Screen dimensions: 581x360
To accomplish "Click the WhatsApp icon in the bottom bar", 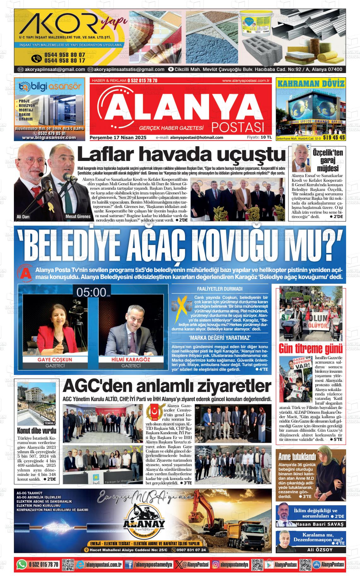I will (x=21, y=564).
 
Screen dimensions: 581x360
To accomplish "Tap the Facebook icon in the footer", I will (x=129, y=564).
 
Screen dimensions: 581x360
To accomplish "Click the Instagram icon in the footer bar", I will (x=216, y=564).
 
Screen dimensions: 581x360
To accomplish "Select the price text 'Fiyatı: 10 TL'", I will (x=259, y=137).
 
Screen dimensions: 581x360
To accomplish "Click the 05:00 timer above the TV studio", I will (x=91, y=292).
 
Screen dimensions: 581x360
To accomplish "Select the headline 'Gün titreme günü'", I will (x=310, y=349).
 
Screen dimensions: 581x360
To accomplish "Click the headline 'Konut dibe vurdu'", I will (x=36, y=430).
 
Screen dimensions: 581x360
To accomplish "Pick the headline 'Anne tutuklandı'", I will (x=297, y=456).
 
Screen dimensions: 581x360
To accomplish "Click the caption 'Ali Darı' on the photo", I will (x=23, y=216).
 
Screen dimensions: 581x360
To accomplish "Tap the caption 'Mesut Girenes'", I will (x=78, y=216).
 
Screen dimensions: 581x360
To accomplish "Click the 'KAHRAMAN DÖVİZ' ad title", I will (x=311, y=84).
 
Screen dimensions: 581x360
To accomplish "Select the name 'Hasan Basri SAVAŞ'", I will (x=319, y=524).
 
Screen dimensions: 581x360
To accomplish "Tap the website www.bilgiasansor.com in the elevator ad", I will (x=49, y=138).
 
